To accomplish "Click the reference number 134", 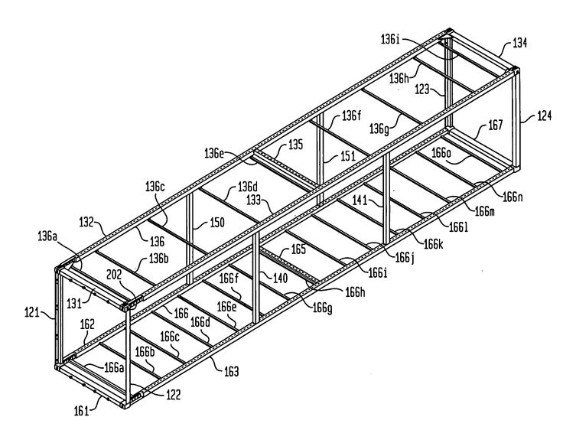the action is [x=519, y=43].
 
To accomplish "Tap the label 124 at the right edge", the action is [x=545, y=116].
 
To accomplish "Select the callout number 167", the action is [x=496, y=125].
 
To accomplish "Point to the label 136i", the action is [x=390, y=39].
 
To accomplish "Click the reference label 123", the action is [x=422, y=89].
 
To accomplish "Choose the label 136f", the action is [x=351, y=116].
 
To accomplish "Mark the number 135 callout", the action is [x=296, y=145].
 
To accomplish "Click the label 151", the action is [x=348, y=156].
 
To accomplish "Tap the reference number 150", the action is [x=217, y=223].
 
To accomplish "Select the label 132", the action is [x=86, y=222].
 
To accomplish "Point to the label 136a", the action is [x=47, y=236].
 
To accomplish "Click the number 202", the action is [x=114, y=275].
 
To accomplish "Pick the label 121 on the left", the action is [x=31, y=312].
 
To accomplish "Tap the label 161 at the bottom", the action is [x=81, y=411].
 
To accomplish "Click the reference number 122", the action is [x=173, y=395].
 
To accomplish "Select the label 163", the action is [x=231, y=371].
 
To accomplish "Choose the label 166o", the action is [x=441, y=153].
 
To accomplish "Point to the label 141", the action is [x=360, y=200].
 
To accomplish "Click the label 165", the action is [x=298, y=249].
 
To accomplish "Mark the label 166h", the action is [x=355, y=292].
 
